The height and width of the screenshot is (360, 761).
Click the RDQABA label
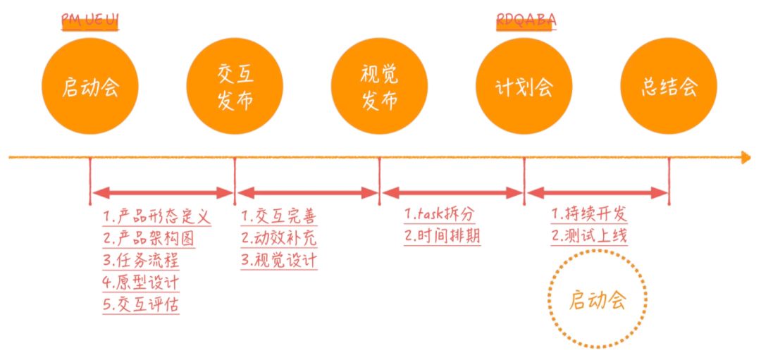click(x=526, y=20)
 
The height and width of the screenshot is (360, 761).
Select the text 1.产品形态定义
click(x=156, y=216)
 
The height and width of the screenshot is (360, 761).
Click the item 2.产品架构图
click(x=148, y=238)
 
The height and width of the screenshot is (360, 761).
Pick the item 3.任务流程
click(x=140, y=260)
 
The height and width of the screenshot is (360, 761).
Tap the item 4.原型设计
click(x=140, y=283)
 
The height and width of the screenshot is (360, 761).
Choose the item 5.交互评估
click(x=140, y=304)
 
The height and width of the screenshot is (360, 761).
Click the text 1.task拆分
click(x=440, y=214)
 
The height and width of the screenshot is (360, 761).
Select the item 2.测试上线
click(x=589, y=236)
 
